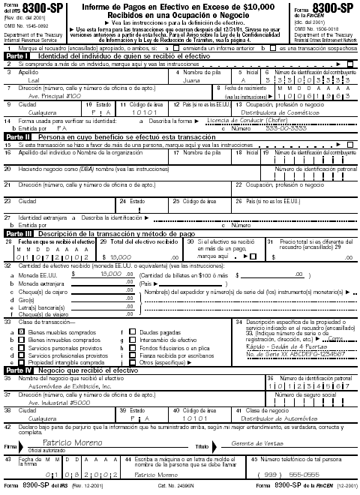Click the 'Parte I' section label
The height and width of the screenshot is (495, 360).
click(x=18, y=56)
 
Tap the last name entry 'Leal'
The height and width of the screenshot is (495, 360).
click(x=34, y=78)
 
